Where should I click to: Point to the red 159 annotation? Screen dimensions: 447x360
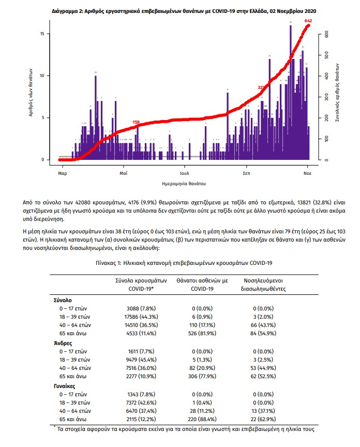tap(136, 122)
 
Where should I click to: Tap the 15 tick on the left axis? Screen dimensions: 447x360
tap(49, 34)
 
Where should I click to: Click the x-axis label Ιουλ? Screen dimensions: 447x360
tap(185, 174)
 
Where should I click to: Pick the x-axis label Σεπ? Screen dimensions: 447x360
tap(246, 174)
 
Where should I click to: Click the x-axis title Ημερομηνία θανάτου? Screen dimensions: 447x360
tap(184, 184)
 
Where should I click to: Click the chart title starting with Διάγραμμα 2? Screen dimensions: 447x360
tap(184, 10)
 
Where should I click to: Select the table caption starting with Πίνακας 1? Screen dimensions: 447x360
tap(184, 263)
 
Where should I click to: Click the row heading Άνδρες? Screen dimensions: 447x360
tap(62, 342)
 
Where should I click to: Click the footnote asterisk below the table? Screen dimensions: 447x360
tap(54, 427)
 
